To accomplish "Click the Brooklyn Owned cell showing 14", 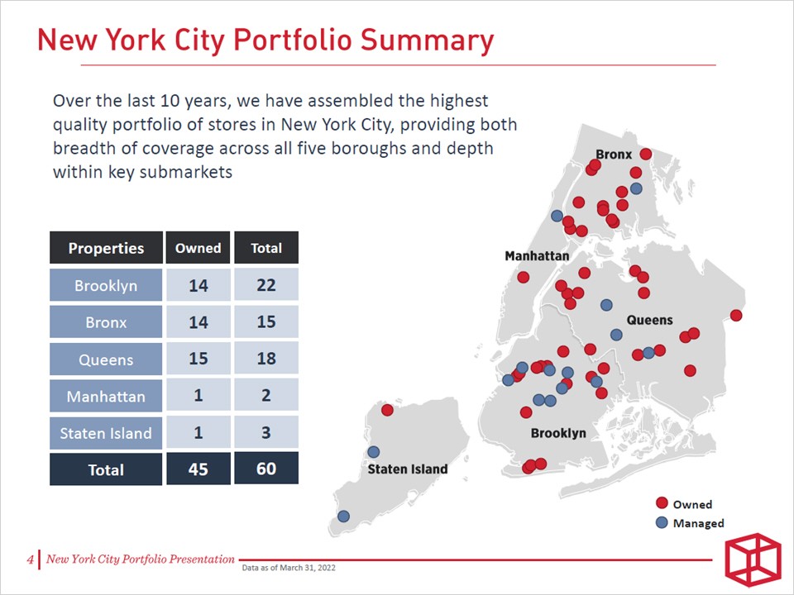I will (x=198, y=286).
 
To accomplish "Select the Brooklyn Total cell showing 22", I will (x=265, y=286).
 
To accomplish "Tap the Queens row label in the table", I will (x=106, y=359).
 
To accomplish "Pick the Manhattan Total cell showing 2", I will (x=265, y=395).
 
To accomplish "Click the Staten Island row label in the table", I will (x=106, y=432).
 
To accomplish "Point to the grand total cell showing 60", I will (x=265, y=469).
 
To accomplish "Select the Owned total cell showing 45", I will (x=198, y=469).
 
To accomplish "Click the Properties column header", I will (x=106, y=248).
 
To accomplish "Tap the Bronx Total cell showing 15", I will (x=265, y=321).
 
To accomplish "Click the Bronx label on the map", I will (x=614, y=155).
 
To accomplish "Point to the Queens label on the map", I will (x=649, y=320).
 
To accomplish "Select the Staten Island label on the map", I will (x=407, y=469).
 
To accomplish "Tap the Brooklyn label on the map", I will (x=558, y=433).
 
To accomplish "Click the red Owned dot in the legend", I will (x=662, y=503).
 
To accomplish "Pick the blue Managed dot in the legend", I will (x=662, y=522).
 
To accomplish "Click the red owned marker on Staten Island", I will (x=387, y=410).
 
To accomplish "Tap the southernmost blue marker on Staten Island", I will (x=343, y=516).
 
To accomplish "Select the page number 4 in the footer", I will (x=31, y=560).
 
